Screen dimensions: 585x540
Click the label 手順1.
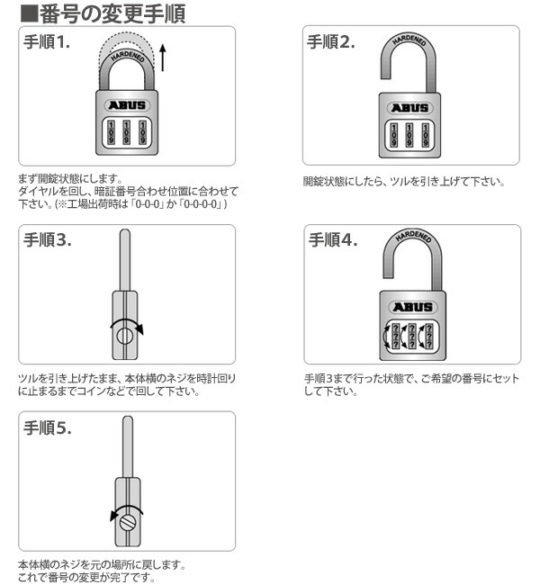48,42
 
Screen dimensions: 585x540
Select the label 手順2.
331,42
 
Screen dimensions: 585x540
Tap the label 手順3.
48,240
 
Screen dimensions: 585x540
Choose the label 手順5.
48,428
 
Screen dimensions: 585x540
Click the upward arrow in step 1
162,56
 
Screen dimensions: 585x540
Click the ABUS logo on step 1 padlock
127,104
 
